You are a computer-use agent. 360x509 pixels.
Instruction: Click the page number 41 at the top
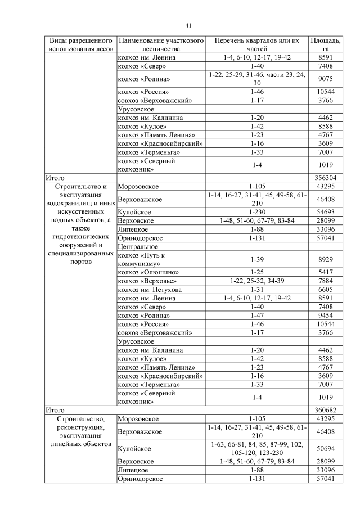point(189,25)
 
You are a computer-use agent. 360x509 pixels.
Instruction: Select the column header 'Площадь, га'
point(326,45)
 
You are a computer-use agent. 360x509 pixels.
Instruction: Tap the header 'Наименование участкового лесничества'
point(160,45)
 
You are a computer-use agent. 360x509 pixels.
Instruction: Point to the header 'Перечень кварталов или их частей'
point(257,45)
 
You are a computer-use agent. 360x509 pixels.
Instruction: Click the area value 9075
point(326,79)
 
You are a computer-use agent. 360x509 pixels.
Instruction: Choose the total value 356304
point(326,177)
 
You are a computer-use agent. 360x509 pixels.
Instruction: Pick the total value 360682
point(326,410)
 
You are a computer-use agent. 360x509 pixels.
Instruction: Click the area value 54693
point(326,213)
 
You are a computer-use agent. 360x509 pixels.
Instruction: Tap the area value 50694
point(326,449)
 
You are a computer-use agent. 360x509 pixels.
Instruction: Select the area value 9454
point(326,316)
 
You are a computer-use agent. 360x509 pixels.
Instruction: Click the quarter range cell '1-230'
point(257,213)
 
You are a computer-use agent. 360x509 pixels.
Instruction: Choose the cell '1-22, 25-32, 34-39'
point(257,280)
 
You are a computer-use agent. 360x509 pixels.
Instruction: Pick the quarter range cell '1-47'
point(257,316)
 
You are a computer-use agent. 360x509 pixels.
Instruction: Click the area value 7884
point(326,280)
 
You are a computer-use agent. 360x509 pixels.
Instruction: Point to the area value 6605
point(326,289)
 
